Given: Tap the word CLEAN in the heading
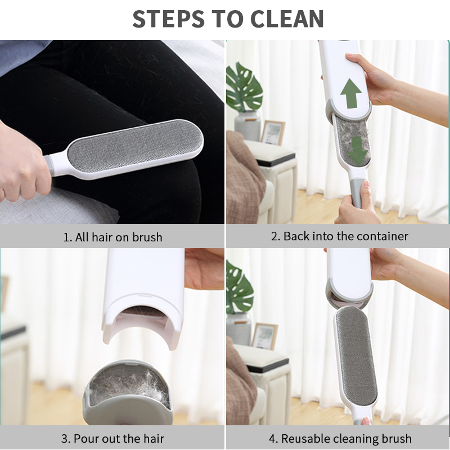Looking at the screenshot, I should tap(287, 19).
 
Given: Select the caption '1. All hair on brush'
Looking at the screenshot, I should tap(112, 237).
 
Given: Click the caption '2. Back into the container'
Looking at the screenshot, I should tap(339, 236).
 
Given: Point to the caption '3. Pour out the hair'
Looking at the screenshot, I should tap(112, 438).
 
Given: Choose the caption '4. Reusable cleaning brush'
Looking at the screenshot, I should tap(339, 438).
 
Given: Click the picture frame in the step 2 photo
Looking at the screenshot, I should tap(273, 133).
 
